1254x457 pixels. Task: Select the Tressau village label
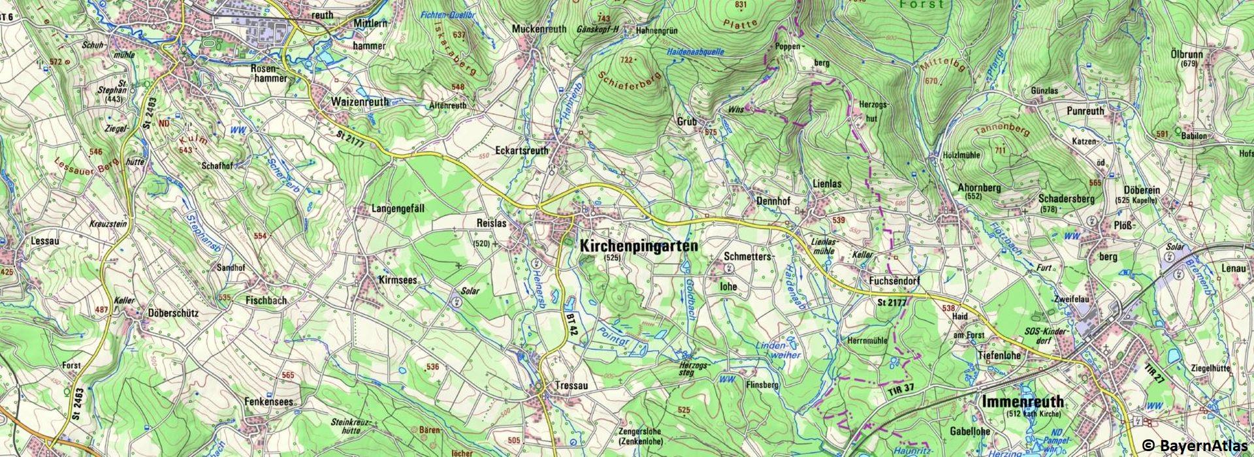(x=571, y=386)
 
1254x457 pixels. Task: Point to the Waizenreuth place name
(x=360, y=102)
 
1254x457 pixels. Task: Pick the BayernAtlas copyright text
(x=1202, y=446)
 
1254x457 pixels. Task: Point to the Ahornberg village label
(x=979, y=187)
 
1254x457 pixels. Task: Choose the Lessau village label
(x=45, y=241)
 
